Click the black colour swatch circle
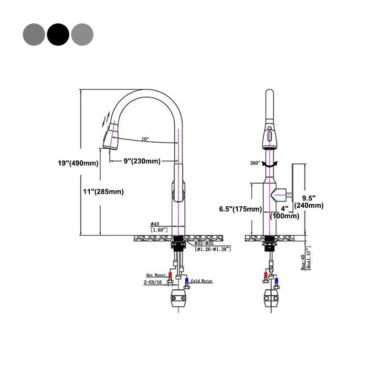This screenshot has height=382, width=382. click(58, 34)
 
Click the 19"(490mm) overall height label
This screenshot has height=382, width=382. click(77, 163)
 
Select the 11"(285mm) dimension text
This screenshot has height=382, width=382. click(102, 192)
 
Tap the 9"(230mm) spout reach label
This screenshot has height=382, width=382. click(142, 161)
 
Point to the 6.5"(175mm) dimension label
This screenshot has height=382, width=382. click(240, 209)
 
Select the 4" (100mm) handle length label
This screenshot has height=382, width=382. click(285, 212)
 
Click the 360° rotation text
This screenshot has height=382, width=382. click(255, 163)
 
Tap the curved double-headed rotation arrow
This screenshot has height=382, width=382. click(270, 164)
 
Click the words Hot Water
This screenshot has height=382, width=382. click(155, 276)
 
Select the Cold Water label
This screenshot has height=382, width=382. click(201, 281)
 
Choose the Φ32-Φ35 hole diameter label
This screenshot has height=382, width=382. click(206, 243)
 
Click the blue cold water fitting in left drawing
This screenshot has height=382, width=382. click(187, 281)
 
